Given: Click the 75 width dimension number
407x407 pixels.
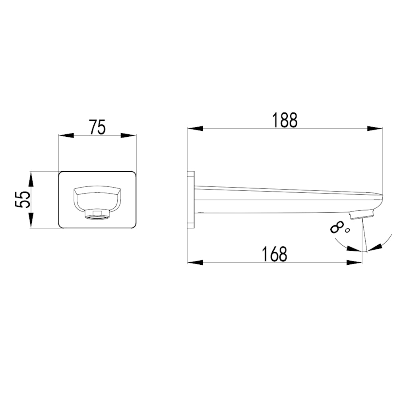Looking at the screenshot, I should point(97,127).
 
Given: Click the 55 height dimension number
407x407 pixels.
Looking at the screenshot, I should point(23,199).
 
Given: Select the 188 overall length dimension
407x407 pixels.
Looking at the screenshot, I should point(285,120).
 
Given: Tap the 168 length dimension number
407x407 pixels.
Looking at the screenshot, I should point(274,254).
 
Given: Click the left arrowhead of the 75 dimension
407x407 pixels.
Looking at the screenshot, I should point(66,136).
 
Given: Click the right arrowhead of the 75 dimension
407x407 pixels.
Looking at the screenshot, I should point(128,136).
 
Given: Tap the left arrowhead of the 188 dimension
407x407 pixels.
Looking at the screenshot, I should point(196,128).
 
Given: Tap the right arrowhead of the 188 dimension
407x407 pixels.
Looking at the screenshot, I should point(374,128).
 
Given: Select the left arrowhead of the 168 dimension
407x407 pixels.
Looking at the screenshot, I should point(196,263).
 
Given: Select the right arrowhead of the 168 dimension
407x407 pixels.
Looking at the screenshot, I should point(355,263).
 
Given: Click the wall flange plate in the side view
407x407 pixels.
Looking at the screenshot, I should point(191,200).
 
